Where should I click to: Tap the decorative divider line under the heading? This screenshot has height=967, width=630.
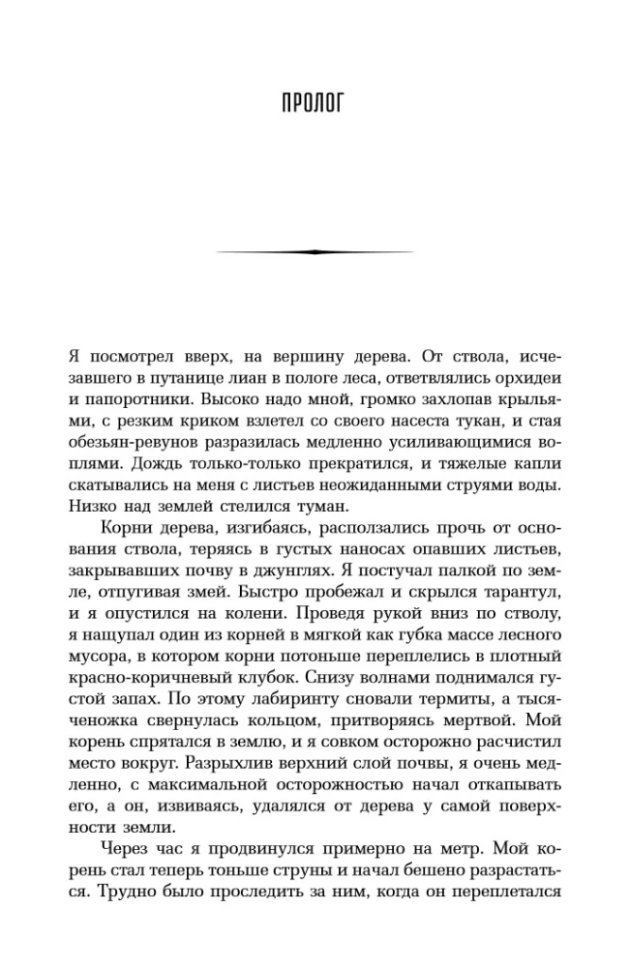point(315,251)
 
